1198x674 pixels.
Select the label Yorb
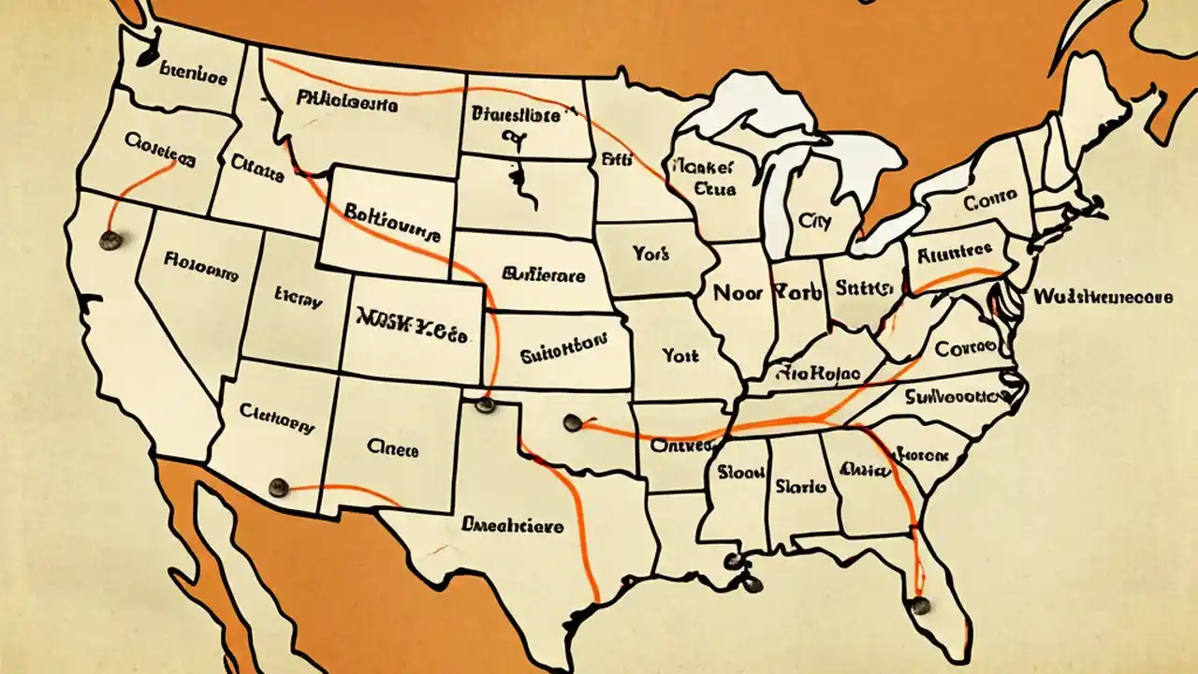(797, 292)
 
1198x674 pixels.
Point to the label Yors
(650, 254)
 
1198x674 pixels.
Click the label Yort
(680, 356)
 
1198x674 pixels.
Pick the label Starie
(800, 487)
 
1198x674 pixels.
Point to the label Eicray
(299, 301)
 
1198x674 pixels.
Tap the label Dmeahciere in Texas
(512, 526)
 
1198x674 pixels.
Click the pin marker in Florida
(920, 606)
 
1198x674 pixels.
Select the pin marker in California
(110, 241)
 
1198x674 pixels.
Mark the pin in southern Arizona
(278, 487)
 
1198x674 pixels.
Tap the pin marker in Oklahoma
(573, 422)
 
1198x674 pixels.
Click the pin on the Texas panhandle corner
(484, 404)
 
